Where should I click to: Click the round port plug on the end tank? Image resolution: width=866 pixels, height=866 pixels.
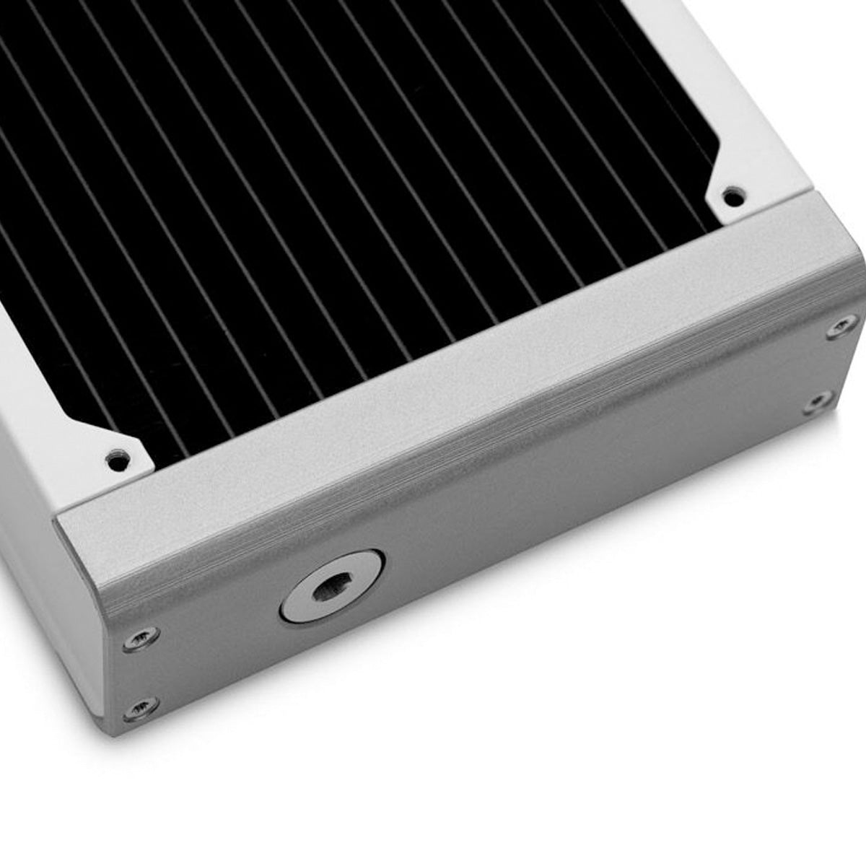pos(331,586)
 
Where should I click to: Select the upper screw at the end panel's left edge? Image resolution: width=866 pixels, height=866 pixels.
pos(141,637)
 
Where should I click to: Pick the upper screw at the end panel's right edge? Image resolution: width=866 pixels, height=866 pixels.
pos(841,326)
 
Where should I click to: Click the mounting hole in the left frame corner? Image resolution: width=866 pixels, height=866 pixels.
pos(118,457)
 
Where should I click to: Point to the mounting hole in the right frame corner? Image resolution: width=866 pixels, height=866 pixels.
pos(732,194)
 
